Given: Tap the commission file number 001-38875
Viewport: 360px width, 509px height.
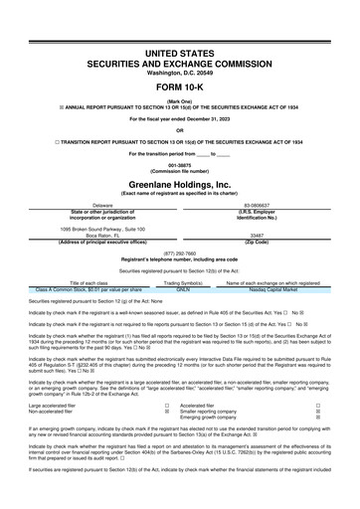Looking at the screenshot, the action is (179, 165).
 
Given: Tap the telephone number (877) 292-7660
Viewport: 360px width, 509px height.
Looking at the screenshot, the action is (179, 254).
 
